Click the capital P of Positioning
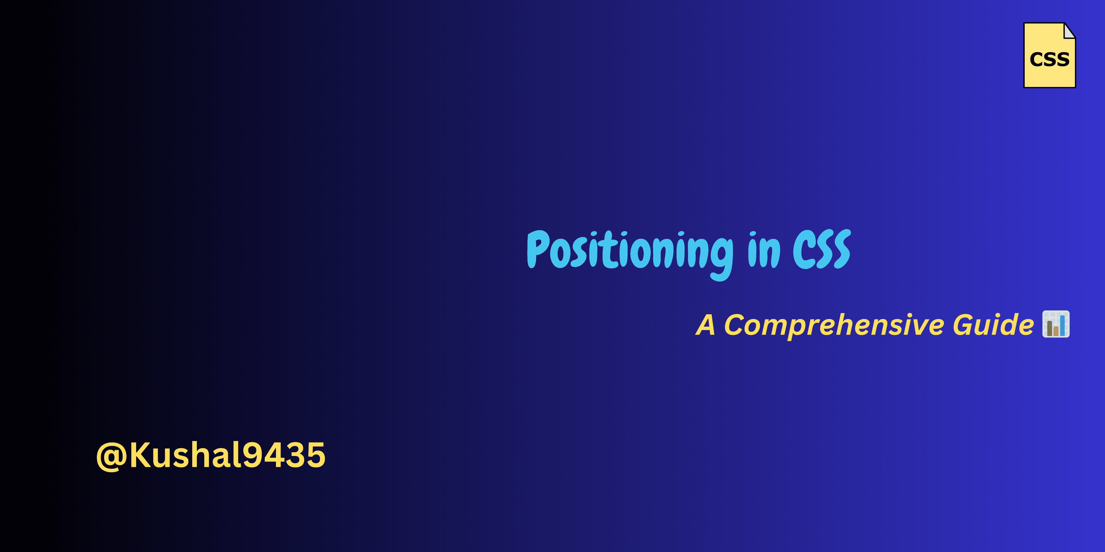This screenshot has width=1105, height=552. pos(538,249)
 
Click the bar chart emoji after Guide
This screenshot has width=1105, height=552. pos(1056,324)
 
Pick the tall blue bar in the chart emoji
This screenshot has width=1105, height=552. pos(1062,326)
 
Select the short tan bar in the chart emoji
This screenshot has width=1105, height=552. pos(1056,331)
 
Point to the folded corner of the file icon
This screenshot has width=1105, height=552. pos(1070,31)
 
